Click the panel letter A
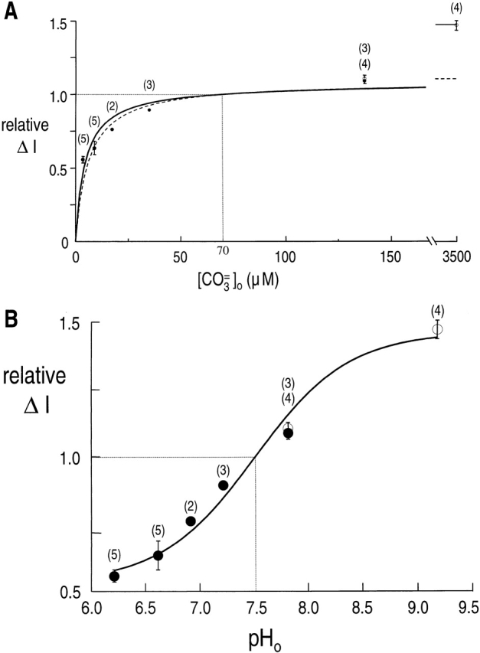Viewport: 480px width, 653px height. (11, 11)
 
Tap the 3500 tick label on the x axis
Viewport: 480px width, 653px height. (456, 256)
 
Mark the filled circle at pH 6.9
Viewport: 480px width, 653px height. (191, 521)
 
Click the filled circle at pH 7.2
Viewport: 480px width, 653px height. (223, 485)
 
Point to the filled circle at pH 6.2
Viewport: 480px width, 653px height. (114, 576)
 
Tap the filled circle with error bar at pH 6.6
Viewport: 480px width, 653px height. (158, 555)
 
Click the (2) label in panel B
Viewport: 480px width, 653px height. (191, 504)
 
